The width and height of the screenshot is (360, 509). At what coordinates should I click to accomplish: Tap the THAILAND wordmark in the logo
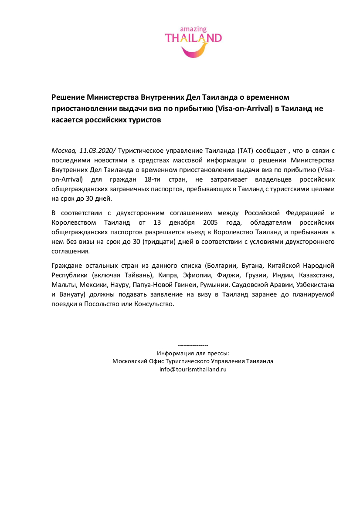[193, 38]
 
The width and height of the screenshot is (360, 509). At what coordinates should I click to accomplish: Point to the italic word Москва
[64, 151]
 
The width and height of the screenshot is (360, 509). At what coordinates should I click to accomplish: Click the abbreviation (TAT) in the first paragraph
[245, 151]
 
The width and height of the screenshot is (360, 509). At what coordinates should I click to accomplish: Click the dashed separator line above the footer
[193, 345]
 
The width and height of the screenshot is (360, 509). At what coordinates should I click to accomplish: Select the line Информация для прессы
[193, 353]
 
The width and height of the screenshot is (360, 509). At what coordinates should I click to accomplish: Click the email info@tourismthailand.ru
[193, 369]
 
